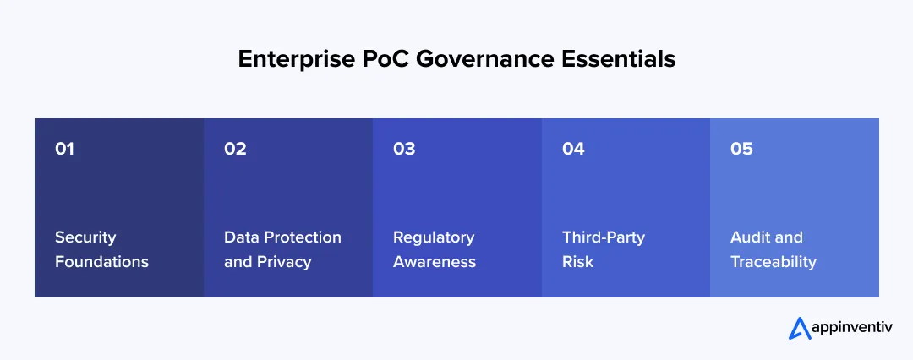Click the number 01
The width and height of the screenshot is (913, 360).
[x=65, y=149]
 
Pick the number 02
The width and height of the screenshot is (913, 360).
[x=235, y=149]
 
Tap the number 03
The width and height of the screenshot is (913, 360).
[x=404, y=149]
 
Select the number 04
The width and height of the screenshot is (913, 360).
[x=573, y=149]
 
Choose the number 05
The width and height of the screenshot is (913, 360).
[x=741, y=149]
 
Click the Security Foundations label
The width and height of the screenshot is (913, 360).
[x=101, y=249]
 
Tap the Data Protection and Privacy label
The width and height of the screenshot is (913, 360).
[x=282, y=249]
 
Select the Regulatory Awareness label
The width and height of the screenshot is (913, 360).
[x=435, y=249]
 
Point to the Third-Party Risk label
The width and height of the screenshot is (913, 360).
[x=603, y=249]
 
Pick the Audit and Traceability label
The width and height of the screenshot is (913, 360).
[x=773, y=249]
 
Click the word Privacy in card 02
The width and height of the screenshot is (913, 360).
[x=283, y=262]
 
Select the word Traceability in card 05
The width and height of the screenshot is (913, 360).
[x=773, y=262]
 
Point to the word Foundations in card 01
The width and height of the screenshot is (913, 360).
[x=101, y=262]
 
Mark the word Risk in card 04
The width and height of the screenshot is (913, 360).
[x=577, y=262]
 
